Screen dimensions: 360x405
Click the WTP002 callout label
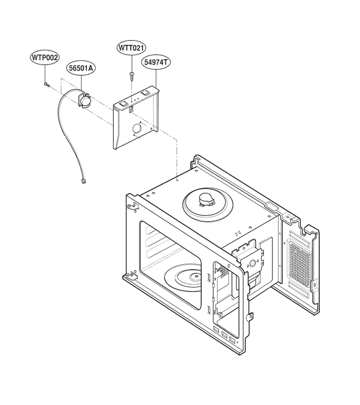(45, 58)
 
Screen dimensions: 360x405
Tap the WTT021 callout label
(132, 48)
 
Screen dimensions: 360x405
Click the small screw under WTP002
(46, 84)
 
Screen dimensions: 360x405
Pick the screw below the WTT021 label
(132, 76)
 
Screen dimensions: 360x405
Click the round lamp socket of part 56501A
(85, 100)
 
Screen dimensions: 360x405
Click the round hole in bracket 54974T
(137, 128)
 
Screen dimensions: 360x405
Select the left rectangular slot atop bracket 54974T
(123, 103)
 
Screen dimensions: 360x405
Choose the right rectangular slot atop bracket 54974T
(146, 92)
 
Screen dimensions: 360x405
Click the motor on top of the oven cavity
(207, 200)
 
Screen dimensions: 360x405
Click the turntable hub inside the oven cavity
(195, 277)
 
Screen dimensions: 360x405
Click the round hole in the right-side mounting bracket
(252, 263)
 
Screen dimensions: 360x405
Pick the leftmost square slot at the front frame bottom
(216, 329)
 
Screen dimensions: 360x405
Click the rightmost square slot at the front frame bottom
(232, 340)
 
